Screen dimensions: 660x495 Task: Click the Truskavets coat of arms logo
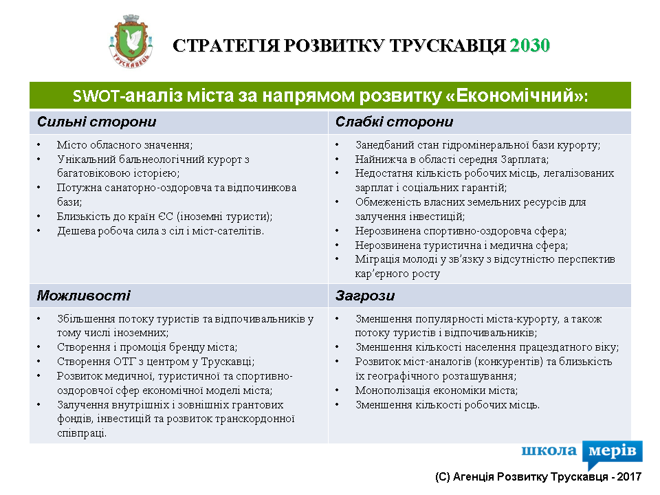(131, 41)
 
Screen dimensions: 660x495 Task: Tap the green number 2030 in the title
(530, 45)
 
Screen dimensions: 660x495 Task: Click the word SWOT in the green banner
(96, 96)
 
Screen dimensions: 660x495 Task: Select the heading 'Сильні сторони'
(96, 122)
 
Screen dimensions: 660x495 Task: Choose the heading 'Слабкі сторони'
(394, 122)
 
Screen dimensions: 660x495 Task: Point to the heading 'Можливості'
(83, 296)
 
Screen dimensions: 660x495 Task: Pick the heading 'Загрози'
(365, 296)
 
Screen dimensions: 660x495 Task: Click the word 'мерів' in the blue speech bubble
(613, 451)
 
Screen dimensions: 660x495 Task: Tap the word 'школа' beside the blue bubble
(549, 450)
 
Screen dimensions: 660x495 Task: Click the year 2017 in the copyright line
(629, 477)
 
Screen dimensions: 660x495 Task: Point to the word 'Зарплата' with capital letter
(524, 159)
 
